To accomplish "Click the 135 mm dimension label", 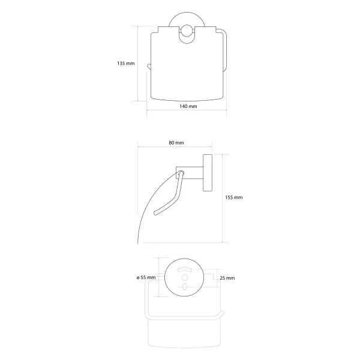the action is click(126, 64).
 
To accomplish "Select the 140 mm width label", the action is click(188, 106).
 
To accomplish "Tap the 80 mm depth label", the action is click(176, 143).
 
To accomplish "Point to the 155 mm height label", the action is click(234, 197).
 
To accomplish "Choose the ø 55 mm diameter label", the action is click(146, 278).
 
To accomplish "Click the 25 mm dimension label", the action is click(227, 278).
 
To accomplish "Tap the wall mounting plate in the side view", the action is click(208, 173).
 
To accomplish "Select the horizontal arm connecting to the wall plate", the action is click(190, 173).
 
